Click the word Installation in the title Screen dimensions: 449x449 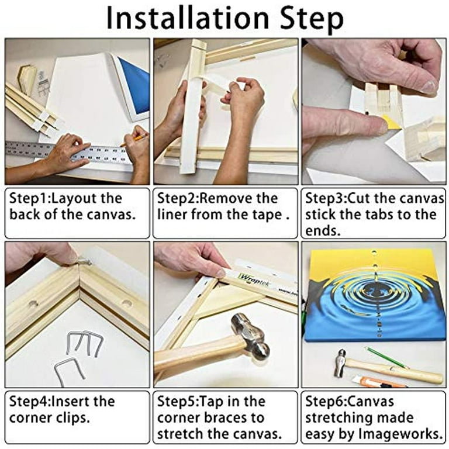coord(188,18)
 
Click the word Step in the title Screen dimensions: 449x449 coord(312,19)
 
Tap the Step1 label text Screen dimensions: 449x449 coord(29,198)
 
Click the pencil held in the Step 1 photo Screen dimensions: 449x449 coord(133,140)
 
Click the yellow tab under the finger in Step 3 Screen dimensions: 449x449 coord(393,122)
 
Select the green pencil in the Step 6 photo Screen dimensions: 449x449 coord(386,357)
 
